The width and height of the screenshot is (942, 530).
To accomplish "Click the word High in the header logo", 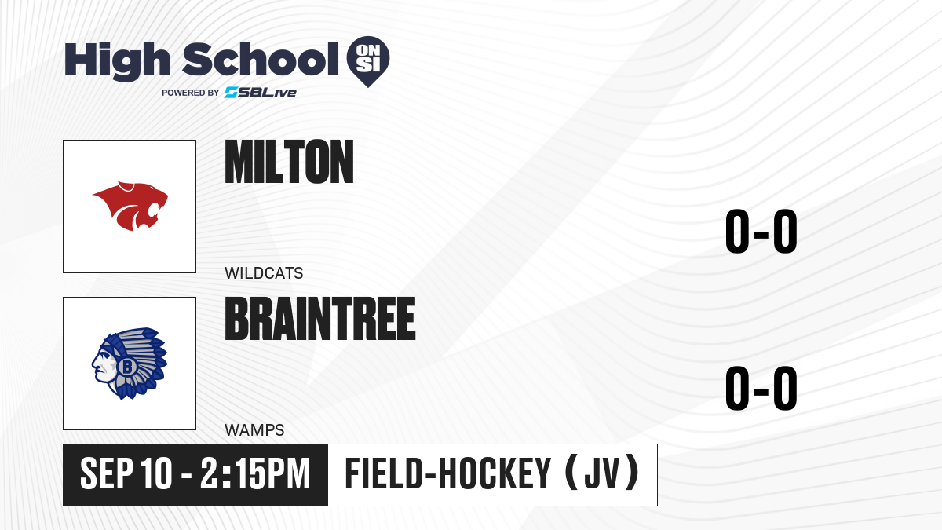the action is point(117,60).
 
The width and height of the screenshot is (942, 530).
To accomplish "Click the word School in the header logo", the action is point(261,59).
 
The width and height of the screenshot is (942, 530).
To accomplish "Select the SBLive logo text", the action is point(261,93).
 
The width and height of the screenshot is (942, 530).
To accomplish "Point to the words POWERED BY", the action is point(191,93).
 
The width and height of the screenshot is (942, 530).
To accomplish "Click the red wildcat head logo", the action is point(130,206).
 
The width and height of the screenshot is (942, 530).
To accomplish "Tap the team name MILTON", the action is point(290,162).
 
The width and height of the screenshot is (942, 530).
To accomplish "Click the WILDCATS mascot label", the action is point(264,273).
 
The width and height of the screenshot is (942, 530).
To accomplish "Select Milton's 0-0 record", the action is point(761,232).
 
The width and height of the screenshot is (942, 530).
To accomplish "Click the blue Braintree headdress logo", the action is point(130,364).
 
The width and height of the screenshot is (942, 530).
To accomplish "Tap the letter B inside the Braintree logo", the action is point(126,367).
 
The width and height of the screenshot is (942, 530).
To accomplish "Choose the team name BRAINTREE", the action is point(320,319).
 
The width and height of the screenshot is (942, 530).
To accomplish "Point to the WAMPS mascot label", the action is point(254,430).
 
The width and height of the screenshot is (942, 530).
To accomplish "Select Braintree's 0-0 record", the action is point(761,388).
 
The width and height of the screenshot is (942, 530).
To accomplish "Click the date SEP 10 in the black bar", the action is point(126,473).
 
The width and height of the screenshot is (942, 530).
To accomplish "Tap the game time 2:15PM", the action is point(255,473).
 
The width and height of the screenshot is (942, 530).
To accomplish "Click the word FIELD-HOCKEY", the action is point(448,473).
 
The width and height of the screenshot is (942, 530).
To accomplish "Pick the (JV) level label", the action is point(602,473).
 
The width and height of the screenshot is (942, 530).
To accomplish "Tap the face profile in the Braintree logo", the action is point(102,364).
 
